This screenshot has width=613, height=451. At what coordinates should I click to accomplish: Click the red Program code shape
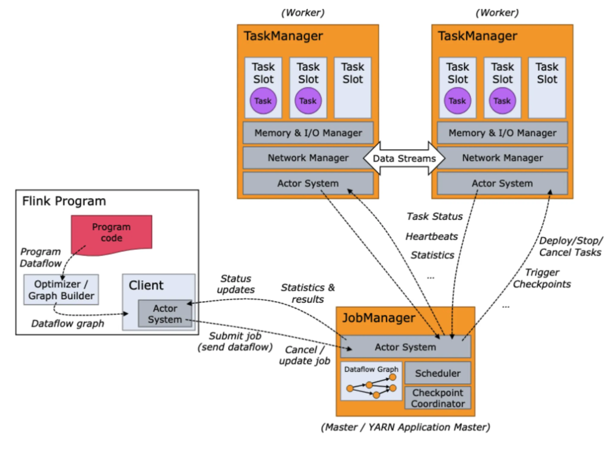[112, 235]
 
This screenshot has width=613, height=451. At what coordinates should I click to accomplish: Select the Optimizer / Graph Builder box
[61, 289]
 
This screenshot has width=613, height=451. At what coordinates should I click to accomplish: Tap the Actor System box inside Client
[165, 313]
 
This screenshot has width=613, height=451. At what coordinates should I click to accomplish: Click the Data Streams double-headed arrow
[404, 158]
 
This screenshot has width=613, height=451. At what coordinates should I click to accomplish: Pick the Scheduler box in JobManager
[438, 373]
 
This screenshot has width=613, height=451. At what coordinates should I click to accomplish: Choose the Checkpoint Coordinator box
[438, 398]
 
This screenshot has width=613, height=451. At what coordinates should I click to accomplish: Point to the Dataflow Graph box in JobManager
[371, 381]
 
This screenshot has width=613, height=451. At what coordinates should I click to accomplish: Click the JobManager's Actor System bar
[406, 347]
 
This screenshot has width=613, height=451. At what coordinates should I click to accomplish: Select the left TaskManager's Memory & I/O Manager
[308, 133]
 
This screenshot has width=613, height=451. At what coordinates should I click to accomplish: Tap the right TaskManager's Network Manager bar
[503, 158]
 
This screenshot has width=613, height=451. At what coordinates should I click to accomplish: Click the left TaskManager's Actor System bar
[308, 183]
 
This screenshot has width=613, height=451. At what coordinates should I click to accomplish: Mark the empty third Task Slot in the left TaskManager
[353, 88]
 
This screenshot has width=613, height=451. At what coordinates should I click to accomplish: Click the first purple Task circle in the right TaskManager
[457, 101]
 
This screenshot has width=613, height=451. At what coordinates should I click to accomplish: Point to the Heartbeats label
[432, 236]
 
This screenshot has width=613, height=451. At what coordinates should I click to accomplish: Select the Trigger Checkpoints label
[542, 278]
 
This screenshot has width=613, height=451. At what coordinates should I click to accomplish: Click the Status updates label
[235, 284]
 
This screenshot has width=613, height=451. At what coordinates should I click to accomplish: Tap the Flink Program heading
[64, 201]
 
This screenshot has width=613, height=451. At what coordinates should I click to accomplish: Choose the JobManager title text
[379, 318]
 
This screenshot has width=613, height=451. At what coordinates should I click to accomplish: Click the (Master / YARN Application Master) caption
[406, 427]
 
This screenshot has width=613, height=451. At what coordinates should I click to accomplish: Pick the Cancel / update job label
[304, 355]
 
